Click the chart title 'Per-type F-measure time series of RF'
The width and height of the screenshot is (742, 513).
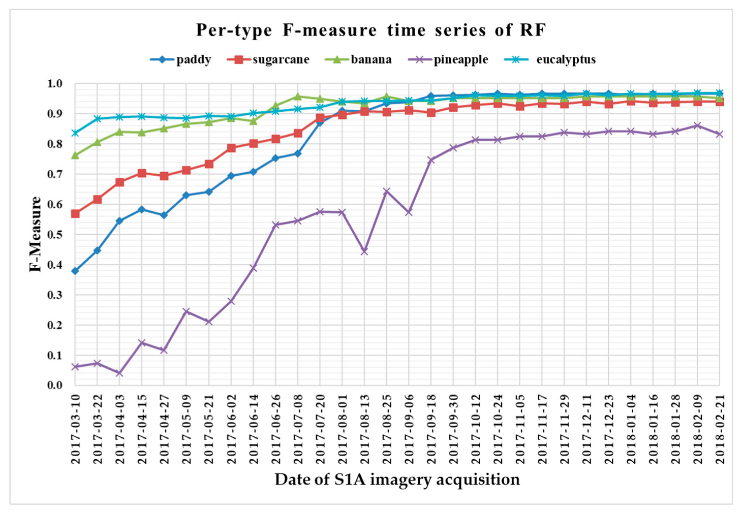(x=371, y=30)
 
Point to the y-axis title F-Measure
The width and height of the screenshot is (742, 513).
(x=35, y=234)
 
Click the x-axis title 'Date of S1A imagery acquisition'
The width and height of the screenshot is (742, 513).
(x=397, y=479)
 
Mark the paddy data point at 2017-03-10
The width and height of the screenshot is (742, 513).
(x=75, y=271)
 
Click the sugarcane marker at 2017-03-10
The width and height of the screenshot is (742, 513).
(x=75, y=214)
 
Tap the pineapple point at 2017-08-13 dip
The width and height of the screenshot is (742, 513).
(x=364, y=251)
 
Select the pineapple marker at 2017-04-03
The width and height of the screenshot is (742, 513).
(x=119, y=373)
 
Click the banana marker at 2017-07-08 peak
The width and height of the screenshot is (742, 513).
(x=298, y=97)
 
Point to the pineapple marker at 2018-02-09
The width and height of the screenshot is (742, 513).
(x=697, y=125)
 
